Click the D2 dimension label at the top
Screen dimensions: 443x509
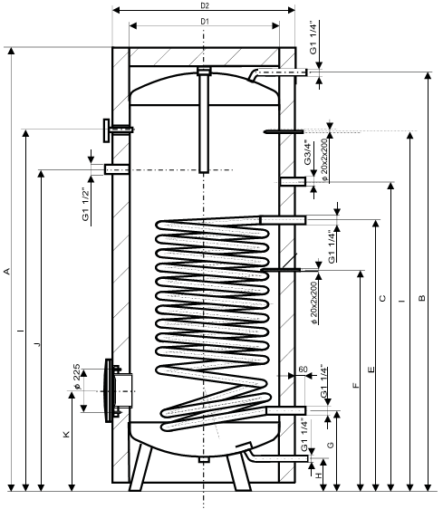[x=204, y=5]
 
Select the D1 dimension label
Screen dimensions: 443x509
[x=204, y=22]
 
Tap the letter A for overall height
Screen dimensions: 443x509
[x=7, y=271]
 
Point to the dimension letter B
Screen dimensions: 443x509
[x=421, y=298]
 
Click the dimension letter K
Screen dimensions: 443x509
[x=66, y=435]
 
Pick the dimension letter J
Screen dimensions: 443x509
[x=38, y=344]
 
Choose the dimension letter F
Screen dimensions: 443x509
[x=356, y=385]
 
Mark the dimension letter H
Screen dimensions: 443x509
[x=319, y=475]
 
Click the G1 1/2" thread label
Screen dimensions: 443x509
[x=85, y=205]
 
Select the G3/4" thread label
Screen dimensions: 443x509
[x=308, y=152]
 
